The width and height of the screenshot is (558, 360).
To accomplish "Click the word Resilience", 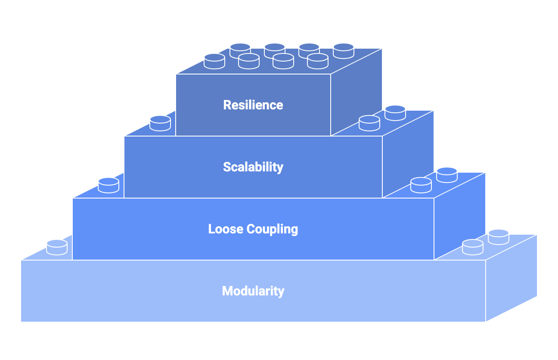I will [253, 105].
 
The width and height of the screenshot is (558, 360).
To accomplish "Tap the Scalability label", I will [253, 167].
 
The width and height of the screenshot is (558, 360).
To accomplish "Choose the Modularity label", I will [253, 291].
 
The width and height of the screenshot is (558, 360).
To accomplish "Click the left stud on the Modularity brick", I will [57, 247].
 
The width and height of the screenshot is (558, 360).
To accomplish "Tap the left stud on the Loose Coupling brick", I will [108, 185].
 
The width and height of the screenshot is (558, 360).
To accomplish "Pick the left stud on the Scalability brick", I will [160, 123].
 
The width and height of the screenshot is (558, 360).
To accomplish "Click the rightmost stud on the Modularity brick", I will [499, 236].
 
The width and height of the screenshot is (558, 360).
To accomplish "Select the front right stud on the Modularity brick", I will [473, 246].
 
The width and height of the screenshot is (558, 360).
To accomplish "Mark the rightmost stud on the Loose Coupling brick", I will [447, 175].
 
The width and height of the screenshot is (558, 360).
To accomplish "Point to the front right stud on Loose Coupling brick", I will [421, 185].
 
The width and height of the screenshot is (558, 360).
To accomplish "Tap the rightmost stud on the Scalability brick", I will [395, 113].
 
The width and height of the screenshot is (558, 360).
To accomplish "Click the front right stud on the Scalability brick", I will [369, 123].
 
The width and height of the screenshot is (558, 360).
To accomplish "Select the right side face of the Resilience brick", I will [356, 93].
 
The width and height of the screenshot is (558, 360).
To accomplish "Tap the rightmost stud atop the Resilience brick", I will [344, 51].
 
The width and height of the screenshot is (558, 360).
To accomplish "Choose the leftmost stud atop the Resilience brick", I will [214, 61].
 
